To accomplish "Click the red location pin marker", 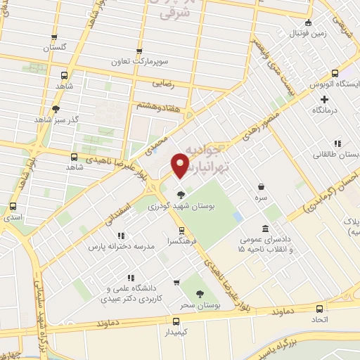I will pyautogui.click(x=180, y=166).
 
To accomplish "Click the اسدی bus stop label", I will pyautogui.click(x=13, y=218).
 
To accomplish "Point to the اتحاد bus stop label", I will pyautogui.click(x=320, y=319).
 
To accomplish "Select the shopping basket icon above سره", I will pyautogui.click(x=262, y=187).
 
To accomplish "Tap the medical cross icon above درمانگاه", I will pyautogui.click(x=324, y=98).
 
